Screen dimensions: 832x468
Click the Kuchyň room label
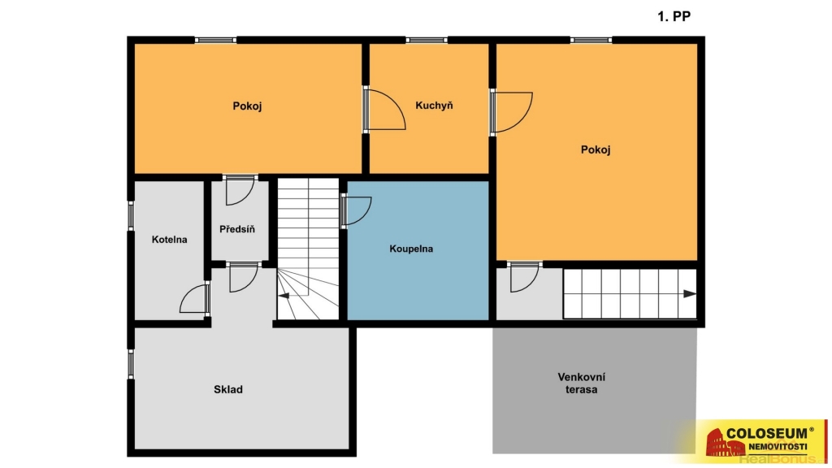pyautogui.click(x=434, y=105)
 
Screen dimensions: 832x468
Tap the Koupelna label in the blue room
pyautogui.click(x=411, y=249)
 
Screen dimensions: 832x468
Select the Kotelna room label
pyautogui.click(x=169, y=240)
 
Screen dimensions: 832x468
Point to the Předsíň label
pyautogui.click(x=237, y=229)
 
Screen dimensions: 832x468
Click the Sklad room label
pyautogui.click(x=228, y=389)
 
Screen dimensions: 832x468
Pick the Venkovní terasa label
pyautogui.click(x=582, y=383)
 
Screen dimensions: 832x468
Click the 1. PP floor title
pyautogui.click(x=674, y=16)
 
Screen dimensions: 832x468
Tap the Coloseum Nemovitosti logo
pyautogui.click(x=760, y=438)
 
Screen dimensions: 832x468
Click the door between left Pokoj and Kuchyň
pyautogui.click(x=384, y=110)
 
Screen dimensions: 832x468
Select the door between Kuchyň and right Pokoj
pyautogui.click(x=510, y=112)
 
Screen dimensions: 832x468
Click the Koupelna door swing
pyautogui.click(x=356, y=211)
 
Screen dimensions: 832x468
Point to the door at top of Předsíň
pyautogui.click(x=240, y=190)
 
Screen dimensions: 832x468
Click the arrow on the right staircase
pyautogui.click(x=689, y=293)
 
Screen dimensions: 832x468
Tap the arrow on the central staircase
pyautogui.click(x=284, y=295)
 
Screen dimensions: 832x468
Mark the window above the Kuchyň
pyautogui.click(x=427, y=40)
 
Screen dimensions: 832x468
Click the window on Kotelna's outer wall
pyautogui.click(x=131, y=216)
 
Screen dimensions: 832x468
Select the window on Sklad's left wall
pyautogui.click(x=131, y=364)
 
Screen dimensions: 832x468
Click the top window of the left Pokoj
pyautogui.click(x=215, y=40)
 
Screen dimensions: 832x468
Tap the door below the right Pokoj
pyautogui.click(x=524, y=276)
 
